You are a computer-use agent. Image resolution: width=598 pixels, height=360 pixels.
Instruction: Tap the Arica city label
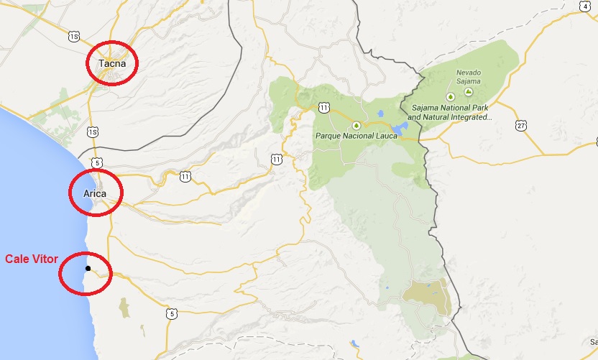click(94, 193)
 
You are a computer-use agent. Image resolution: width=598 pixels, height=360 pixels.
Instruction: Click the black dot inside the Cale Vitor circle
click(88, 269)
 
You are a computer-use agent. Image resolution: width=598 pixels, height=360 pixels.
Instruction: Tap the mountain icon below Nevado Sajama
click(469, 92)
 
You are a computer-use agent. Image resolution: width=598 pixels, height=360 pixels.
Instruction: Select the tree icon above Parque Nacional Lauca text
click(355, 125)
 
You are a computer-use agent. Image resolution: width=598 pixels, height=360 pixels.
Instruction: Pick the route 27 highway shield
click(520, 126)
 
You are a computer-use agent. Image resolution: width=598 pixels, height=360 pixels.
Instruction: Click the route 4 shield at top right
click(586, 6)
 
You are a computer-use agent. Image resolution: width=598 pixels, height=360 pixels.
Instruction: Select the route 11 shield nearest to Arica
click(185, 175)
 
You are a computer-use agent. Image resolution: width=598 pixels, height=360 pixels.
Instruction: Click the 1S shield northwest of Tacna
click(73, 35)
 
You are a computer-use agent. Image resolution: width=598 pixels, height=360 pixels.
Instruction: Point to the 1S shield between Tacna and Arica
click(92, 132)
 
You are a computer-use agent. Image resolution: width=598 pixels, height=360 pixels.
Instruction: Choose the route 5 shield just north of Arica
click(96, 162)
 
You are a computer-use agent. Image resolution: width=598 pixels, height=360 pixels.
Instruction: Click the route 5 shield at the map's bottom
click(170, 313)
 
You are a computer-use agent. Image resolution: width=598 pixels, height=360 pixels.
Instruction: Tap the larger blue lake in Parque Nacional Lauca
click(400, 129)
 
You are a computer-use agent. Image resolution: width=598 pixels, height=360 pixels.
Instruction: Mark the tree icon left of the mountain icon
click(450, 96)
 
